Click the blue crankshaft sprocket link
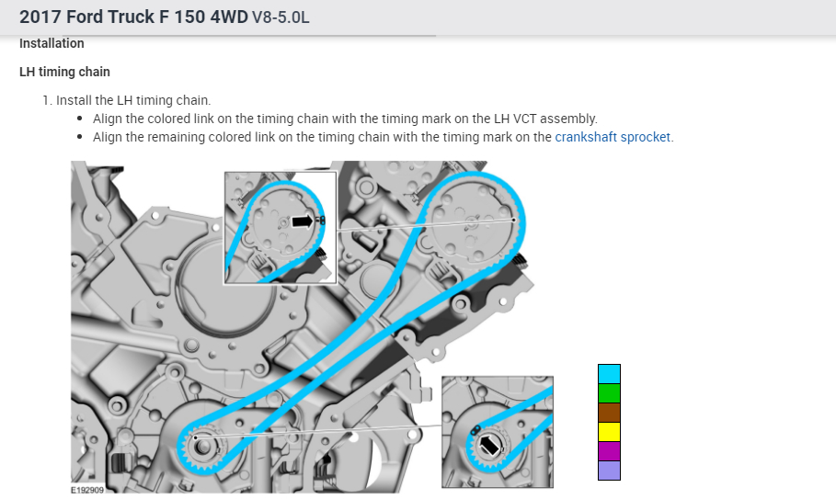tap(613, 137)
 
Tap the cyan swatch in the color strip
tap(609, 374)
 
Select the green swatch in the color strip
tap(609, 393)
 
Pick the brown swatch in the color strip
tap(609, 413)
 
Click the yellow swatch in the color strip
tap(609, 432)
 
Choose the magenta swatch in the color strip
tap(609, 451)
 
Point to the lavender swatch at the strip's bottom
tap(609, 471)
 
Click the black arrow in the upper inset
tap(303, 221)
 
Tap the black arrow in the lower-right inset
tap(489, 445)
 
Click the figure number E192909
tap(87, 490)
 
